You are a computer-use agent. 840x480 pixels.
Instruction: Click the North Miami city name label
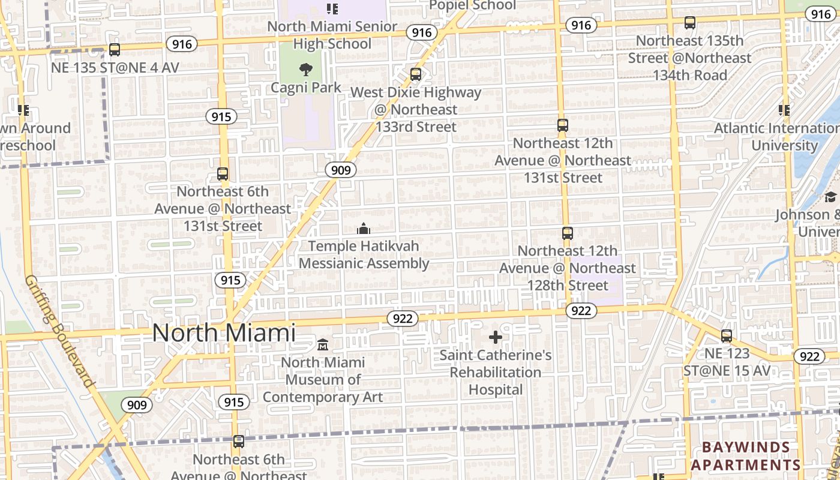(224, 333)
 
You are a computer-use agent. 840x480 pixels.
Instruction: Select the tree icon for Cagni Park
(306, 70)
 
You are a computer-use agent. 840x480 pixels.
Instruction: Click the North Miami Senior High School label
(332, 35)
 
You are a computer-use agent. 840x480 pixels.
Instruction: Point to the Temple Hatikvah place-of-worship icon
(364, 229)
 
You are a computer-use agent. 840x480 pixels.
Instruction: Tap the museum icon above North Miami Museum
(323, 345)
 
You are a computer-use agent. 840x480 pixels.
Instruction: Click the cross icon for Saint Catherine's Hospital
(496, 337)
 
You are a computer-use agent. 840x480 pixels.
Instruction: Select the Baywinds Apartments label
(746, 456)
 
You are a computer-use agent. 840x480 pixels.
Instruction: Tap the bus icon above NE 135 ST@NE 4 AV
(115, 50)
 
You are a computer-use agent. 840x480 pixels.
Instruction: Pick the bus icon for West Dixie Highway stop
(416, 75)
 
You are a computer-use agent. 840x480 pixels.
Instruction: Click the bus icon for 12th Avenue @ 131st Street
(563, 125)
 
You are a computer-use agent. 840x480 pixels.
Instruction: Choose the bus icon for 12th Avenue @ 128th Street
(568, 233)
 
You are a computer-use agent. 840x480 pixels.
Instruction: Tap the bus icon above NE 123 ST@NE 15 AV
(727, 336)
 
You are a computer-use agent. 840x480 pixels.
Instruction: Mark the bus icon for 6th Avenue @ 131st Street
(223, 174)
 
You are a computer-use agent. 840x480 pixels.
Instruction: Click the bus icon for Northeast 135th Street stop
(690, 23)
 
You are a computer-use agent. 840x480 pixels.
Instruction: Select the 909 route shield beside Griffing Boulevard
(137, 405)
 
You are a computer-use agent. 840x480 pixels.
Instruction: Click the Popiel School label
(473, 5)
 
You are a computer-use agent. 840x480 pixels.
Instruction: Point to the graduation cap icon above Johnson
(830, 197)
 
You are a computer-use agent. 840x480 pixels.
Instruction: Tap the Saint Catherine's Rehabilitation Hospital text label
(496, 372)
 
